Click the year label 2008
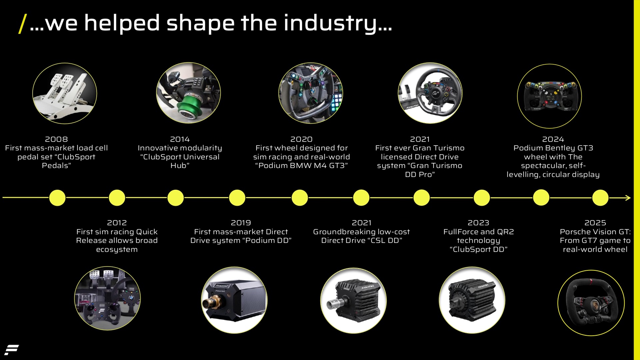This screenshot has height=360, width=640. click(x=56, y=139)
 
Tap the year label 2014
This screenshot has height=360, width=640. click(x=180, y=139)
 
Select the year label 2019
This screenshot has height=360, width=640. click(x=241, y=223)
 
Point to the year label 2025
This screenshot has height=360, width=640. click(x=595, y=223)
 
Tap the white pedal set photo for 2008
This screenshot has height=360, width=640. click(x=65, y=93)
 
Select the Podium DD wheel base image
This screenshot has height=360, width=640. click(x=234, y=300)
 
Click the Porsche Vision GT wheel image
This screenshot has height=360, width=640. click(x=591, y=303)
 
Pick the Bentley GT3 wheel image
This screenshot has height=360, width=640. click(x=549, y=96)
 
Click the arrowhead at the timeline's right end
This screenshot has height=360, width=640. click(x=628, y=198)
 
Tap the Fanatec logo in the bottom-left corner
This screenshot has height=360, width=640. click(x=11, y=350)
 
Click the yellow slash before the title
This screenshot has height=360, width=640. click(x=22, y=24)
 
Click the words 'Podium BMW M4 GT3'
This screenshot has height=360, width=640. click(x=301, y=166)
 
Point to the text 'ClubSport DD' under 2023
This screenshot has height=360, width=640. click(x=478, y=249)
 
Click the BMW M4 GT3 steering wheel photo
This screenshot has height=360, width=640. click(x=310, y=93)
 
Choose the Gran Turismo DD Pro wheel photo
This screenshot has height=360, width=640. click(x=430, y=93)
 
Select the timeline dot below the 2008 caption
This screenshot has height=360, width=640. click(x=57, y=198)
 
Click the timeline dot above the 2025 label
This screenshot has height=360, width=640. click(x=600, y=198)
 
